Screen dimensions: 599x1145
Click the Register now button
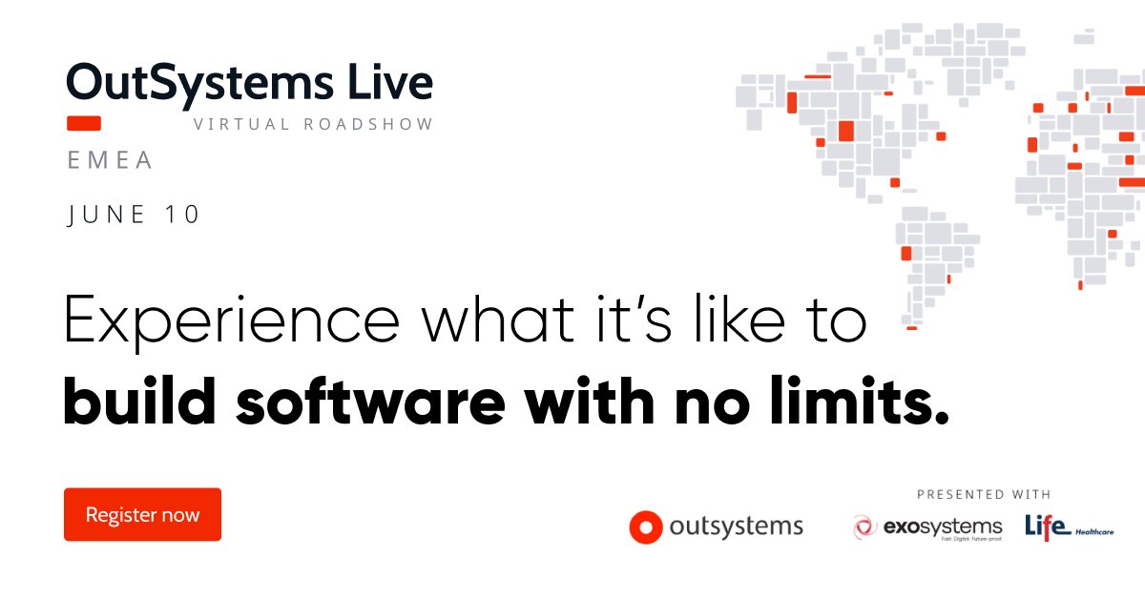[142, 515]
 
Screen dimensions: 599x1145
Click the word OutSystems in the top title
[195, 83]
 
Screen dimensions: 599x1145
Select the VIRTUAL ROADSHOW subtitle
[313, 124]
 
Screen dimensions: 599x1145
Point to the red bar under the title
[84, 123]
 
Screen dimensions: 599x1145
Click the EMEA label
[110, 160]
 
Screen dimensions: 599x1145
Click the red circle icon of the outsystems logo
[646, 527]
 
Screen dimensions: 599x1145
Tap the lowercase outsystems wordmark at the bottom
[736, 527]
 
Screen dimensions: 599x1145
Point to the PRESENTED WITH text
[984, 494]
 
